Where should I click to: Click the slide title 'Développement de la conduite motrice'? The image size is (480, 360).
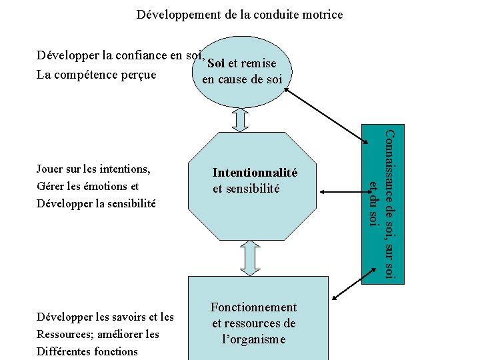tap(239, 13)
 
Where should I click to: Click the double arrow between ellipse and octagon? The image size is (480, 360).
tap(240, 119)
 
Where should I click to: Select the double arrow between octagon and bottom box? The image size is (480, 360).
tap(249, 257)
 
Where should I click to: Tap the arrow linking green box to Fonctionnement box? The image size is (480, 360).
tap(346, 291)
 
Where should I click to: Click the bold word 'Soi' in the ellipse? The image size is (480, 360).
tap(215, 64)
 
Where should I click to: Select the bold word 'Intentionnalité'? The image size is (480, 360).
tap(255, 173)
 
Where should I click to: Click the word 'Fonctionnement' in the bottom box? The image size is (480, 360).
tap(253, 307)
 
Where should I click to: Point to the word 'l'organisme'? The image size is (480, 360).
tap(253, 339)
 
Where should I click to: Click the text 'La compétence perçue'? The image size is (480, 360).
tap(97, 75)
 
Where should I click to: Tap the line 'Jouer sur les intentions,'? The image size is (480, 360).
tap(93, 169)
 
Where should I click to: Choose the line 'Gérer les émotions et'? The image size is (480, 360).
tap(88, 185)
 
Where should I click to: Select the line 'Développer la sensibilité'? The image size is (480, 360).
tap(96, 202)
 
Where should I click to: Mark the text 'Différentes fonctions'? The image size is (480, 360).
tap(87, 351)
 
